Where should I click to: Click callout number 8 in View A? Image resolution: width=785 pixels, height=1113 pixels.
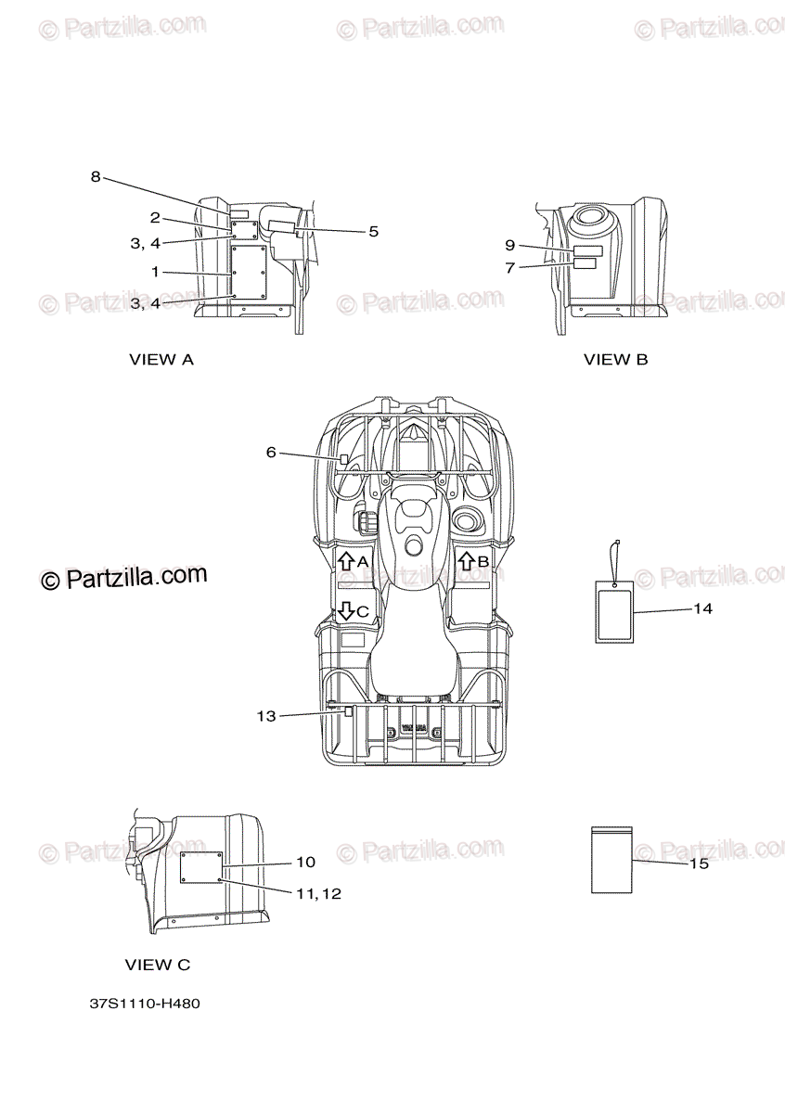tap(95, 177)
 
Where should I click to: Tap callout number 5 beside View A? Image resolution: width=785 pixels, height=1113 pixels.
tap(373, 232)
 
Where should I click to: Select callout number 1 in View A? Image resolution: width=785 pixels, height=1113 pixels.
tap(156, 272)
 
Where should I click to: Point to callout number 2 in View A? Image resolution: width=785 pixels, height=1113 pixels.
tap(155, 218)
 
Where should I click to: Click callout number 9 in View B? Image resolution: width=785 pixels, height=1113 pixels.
tap(509, 245)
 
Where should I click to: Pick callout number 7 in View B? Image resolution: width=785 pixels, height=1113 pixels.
tap(509, 267)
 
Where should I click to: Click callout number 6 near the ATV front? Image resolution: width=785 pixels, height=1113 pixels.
tap(271, 452)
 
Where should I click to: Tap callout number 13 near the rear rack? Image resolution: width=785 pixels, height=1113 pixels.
tap(266, 715)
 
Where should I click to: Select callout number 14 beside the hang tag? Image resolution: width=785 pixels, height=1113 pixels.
tap(702, 609)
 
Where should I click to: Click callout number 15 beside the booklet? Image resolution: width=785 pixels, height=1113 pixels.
tap(699, 864)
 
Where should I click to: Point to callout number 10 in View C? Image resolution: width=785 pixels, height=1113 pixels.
tap(305, 863)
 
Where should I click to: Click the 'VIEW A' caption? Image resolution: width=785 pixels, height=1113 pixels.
tap(161, 360)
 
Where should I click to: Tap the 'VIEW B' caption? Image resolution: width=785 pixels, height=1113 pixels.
tap(615, 360)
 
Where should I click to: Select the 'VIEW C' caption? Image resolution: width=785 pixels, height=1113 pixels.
tap(158, 965)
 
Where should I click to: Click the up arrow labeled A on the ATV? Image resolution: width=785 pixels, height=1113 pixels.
tap(343, 561)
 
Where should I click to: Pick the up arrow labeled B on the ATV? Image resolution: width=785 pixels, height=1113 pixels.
tap(466, 561)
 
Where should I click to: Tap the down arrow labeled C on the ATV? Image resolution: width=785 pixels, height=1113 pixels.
tap(344, 610)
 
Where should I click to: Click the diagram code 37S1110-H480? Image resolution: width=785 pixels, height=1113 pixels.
tap(146, 1004)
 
